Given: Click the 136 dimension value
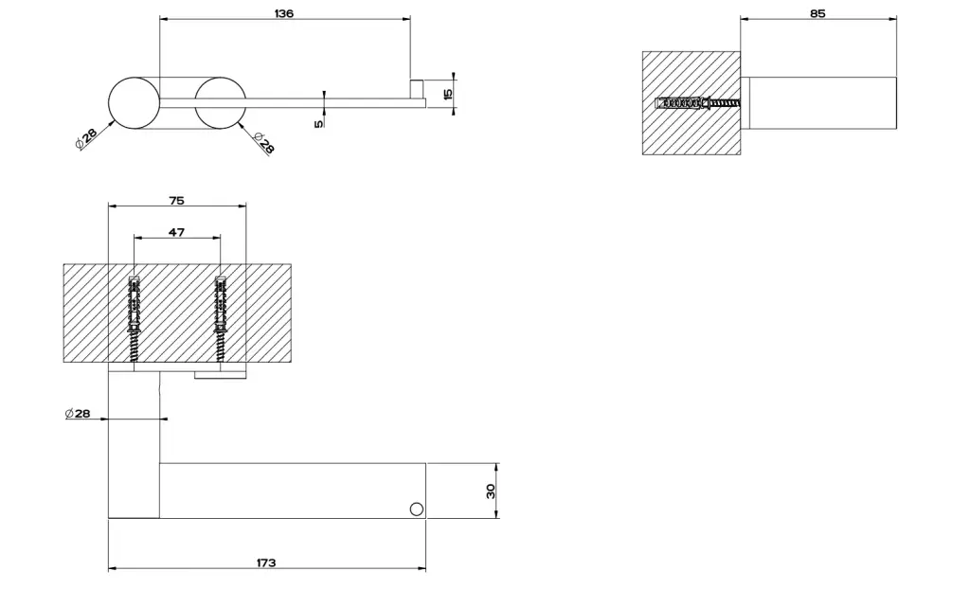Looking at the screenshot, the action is pos(284,13).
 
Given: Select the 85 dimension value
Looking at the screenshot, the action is pos(817,13).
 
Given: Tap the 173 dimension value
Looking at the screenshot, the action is pos(266,562).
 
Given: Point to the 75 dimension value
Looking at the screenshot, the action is pos(176,201).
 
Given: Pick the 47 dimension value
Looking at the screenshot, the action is pos(176,232).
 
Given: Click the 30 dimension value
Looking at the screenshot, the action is pos(491,491).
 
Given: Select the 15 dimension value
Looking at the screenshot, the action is pos(448,94).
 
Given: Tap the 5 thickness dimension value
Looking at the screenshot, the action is pos(318,124).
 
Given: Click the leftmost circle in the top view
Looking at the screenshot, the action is pos(134,102).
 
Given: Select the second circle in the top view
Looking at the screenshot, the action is pos(220,102).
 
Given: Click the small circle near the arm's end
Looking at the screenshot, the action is pos(417,509).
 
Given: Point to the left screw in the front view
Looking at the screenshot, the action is pos(134,319).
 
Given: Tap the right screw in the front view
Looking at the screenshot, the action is pos(220,319).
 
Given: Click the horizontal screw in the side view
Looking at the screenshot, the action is pos(697,102).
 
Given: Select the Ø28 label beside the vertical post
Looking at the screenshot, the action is pos(78,413).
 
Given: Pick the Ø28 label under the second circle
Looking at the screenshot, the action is pos(262,143).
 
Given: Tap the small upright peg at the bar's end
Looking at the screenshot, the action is pos(418,88).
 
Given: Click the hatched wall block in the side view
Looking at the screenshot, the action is pos(692,102).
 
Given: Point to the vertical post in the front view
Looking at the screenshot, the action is pos(134,444).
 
